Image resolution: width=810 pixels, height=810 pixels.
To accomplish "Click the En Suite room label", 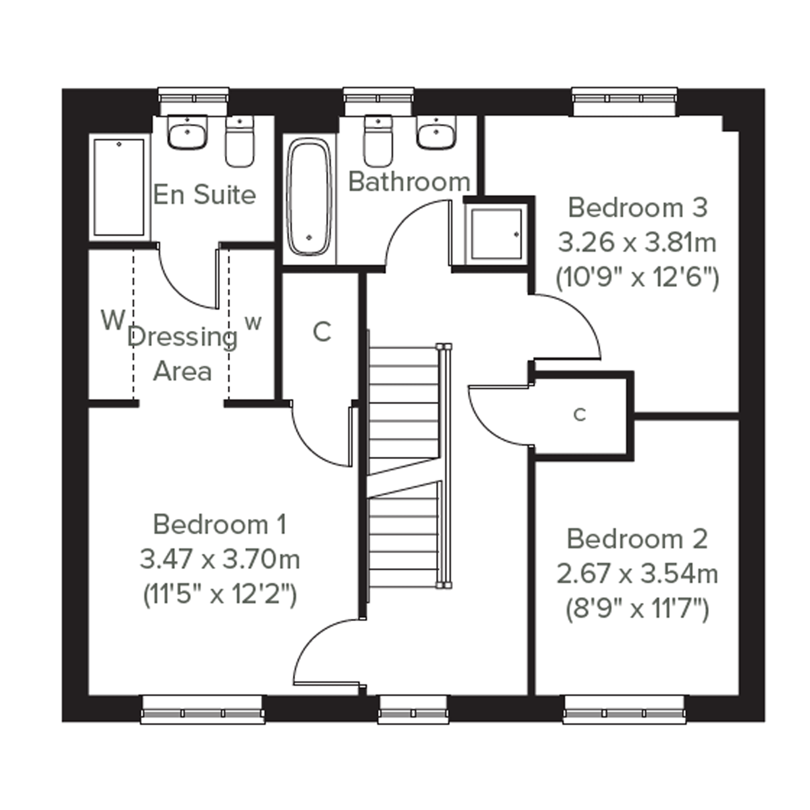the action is click(x=204, y=194).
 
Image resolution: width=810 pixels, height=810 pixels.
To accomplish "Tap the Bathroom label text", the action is click(x=409, y=182).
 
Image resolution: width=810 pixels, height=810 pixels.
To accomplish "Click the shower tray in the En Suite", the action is click(x=119, y=188).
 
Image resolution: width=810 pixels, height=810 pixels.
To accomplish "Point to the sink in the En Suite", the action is click(x=188, y=132).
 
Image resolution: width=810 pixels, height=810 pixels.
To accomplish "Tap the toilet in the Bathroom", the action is click(x=378, y=141).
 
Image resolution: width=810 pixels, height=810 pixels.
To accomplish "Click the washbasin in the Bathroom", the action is click(x=436, y=132).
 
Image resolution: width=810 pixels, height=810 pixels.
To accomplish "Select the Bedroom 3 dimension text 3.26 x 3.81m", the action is click(x=637, y=243).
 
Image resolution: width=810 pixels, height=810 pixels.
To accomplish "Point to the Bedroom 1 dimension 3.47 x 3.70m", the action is click(x=220, y=560).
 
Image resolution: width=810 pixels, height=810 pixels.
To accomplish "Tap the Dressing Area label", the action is click(x=183, y=355).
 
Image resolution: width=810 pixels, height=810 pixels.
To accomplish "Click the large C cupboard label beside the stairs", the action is click(x=322, y=332).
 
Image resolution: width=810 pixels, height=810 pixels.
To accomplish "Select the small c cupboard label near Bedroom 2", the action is click(x=580, y=415).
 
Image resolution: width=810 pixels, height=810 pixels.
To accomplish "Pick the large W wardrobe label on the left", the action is click(x=113, y=320).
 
